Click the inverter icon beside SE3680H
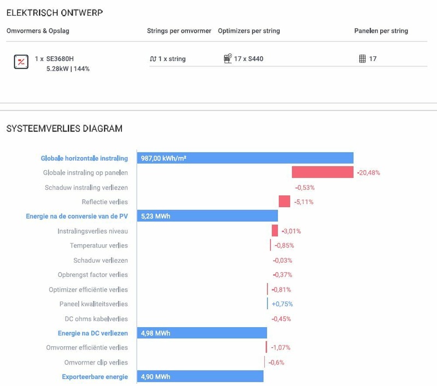pos(21,62)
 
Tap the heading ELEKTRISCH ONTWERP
pos(54,12)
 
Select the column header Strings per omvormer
pos(179,31)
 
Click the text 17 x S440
pos(249,59)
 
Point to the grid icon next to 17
pos(362,59)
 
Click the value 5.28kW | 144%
pos(68,69)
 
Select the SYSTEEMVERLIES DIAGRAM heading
pos(64,129)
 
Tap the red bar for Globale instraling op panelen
pos(322,172)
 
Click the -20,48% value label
pos(369,173)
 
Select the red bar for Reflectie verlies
pos(284,202)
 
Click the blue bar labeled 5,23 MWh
pos(207,216)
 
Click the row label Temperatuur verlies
pos(99,246)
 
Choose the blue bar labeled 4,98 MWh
pos(202,333)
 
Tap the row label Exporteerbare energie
pos(95,377)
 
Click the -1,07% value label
pos(280,348)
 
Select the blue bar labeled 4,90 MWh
pos(200,377)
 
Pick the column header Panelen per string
pos(381,31)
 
